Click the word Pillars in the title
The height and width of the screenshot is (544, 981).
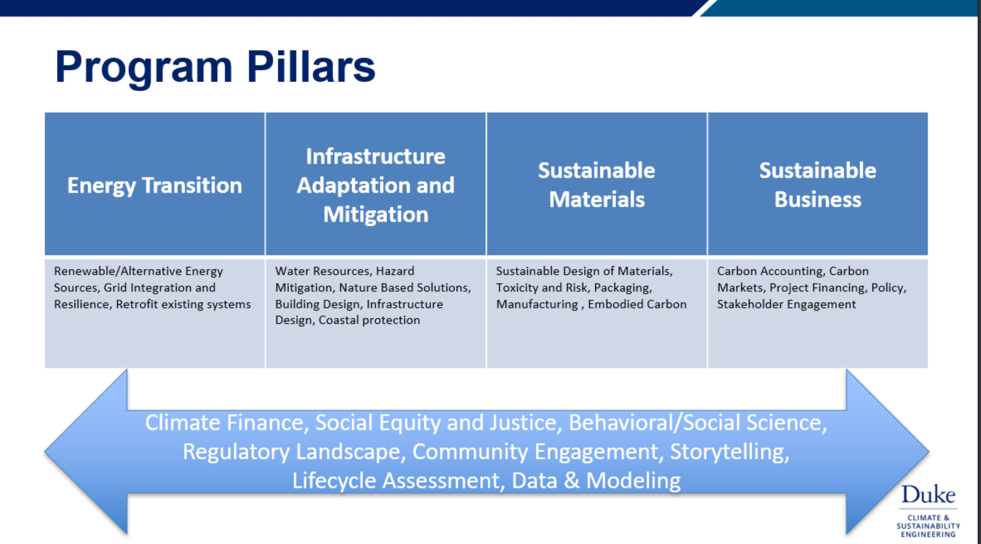pos(311,67)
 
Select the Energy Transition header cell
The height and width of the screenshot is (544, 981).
pos(154,184)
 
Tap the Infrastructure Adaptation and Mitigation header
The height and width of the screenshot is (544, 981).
pos(376,184)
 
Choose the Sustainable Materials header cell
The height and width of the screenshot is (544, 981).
pos(596,184)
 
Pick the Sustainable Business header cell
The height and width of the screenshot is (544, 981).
pos(818,184)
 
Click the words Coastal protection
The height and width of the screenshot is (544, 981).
pos(369,320)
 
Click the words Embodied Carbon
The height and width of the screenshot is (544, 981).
pos(637,304)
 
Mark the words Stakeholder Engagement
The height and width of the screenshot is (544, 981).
pos(786,305)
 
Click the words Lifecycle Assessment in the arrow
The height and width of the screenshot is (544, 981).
pos(395,481)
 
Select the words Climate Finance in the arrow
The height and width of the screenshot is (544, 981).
pos(224,423)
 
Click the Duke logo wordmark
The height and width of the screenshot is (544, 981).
pos(928,494)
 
